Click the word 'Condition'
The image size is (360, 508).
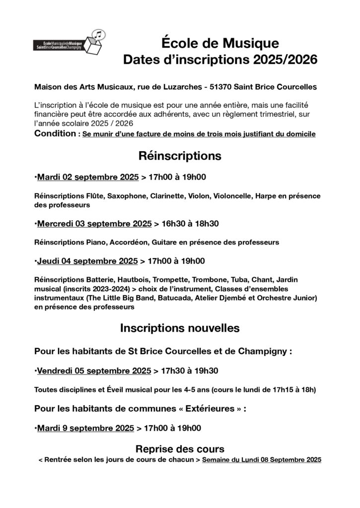(x=56, y=134)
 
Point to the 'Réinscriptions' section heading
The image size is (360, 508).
(x=180, y=156)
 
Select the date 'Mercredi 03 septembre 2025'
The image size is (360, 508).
(x=94, y=224)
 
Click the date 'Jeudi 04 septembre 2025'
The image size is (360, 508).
(x=87, y=261)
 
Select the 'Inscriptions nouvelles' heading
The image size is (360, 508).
(x=180, y=328)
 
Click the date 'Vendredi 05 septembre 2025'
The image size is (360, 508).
(x=94, y=371)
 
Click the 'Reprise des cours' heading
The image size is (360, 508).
(x=180, y=449)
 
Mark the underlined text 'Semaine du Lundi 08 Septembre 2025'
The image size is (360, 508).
(x=262, y=460)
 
